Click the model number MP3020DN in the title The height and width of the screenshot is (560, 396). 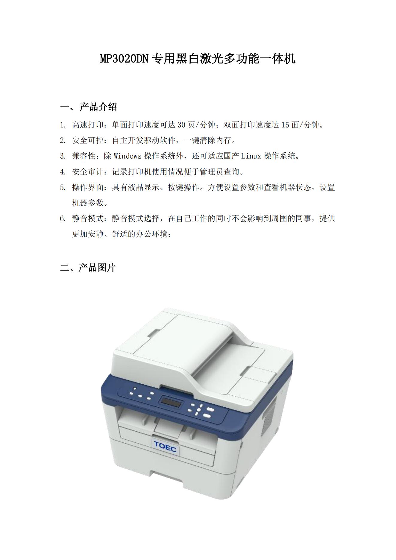click(124, 59)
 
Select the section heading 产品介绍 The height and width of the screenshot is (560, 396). click(98, 107)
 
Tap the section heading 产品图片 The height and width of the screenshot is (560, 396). click(97, 268)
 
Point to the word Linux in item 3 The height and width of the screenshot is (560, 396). click(251, 156)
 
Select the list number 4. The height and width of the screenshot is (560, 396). click(63, 172)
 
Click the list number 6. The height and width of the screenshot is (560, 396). click(63, 218)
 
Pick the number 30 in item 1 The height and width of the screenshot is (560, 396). click(181, 125)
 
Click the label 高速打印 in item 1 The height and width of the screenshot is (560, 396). click(88, 125)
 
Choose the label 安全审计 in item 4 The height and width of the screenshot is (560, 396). click(88, 172)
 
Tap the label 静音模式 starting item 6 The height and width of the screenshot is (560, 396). click(88, 218)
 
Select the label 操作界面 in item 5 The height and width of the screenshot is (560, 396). click(88, 187)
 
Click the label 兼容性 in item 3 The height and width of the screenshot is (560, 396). click(84, 156)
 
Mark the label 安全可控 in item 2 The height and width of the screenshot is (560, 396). click(88, 140)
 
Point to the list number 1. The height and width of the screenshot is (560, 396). click(63, 125)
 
